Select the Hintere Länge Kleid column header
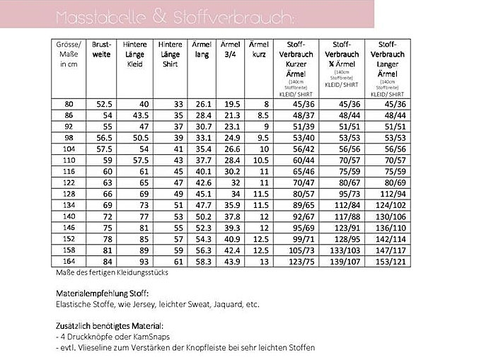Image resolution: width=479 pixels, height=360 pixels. coord(135,54)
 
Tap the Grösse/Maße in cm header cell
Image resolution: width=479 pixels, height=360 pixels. coord(69,54)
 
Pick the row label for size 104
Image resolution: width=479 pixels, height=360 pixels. coord(69,150)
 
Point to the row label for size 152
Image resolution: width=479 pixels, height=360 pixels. coord(69,240)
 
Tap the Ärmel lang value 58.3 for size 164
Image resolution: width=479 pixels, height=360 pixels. coord(204,262)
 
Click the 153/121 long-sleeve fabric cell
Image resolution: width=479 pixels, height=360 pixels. coord(387,262)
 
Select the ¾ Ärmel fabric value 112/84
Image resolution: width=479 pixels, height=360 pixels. coord(344,205)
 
